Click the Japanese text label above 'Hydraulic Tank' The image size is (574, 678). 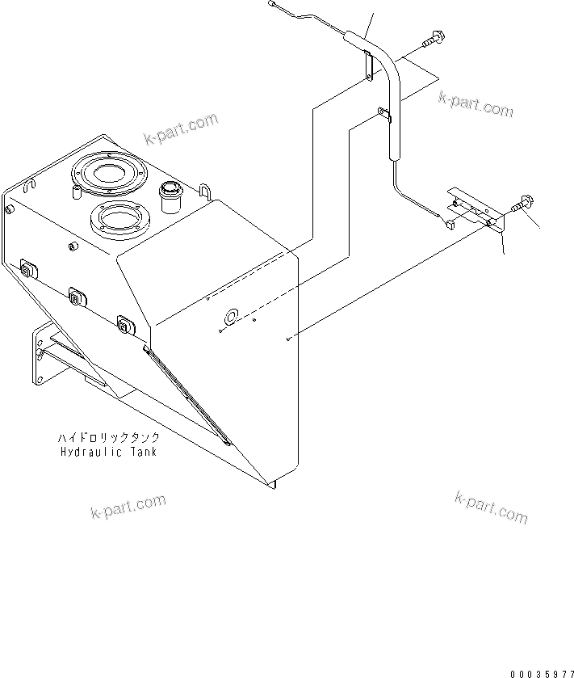pos(108,437)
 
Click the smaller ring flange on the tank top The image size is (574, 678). pos(117,217)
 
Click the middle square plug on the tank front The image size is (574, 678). pos(77,297)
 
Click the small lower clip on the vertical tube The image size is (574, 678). pos(384,114)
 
